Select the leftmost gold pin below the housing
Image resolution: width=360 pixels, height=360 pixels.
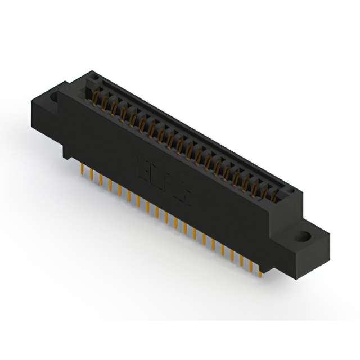(x=83, y=169)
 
